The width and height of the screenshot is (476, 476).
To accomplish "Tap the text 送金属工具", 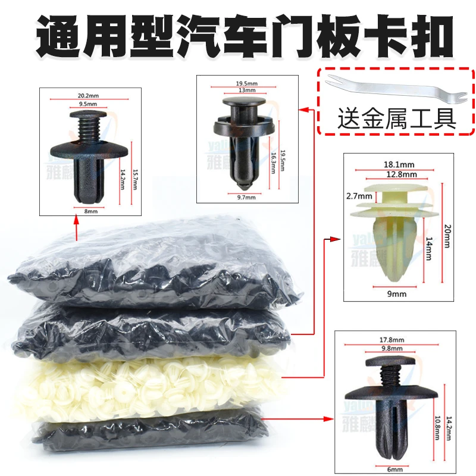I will (397, 117).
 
